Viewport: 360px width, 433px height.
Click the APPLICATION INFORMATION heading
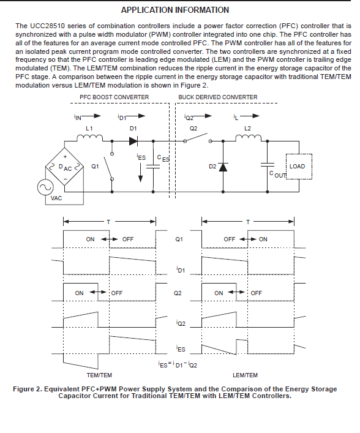pos(175,10)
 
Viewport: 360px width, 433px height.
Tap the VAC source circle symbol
pos(45,187)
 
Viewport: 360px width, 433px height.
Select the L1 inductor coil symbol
pos(89,138)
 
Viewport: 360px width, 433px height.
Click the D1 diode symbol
pos(133,141)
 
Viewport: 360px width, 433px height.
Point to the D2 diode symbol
pos(223,167)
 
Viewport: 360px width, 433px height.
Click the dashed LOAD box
pos(299,167)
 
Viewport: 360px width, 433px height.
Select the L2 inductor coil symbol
pos(248,138)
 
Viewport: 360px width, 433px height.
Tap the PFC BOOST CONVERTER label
pos(114,97)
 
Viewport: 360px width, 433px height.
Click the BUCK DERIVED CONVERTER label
pos(218,97)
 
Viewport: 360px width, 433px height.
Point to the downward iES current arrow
pos(141,173)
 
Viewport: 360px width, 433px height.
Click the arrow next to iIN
pos(91,116)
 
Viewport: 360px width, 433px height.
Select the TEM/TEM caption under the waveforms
pos(99,375)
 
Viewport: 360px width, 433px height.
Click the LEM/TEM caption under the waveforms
pos(245,375)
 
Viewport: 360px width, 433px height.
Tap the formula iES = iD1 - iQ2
pos(178,365)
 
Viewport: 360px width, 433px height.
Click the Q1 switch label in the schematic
pos(95,167)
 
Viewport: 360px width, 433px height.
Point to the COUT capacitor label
pos(277,175)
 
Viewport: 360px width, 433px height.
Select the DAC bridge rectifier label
pos(65,167)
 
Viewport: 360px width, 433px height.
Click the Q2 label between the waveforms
pos(178,293)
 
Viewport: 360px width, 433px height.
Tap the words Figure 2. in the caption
pos(28,389)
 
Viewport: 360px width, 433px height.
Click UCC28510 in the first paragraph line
pos(47,26)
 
